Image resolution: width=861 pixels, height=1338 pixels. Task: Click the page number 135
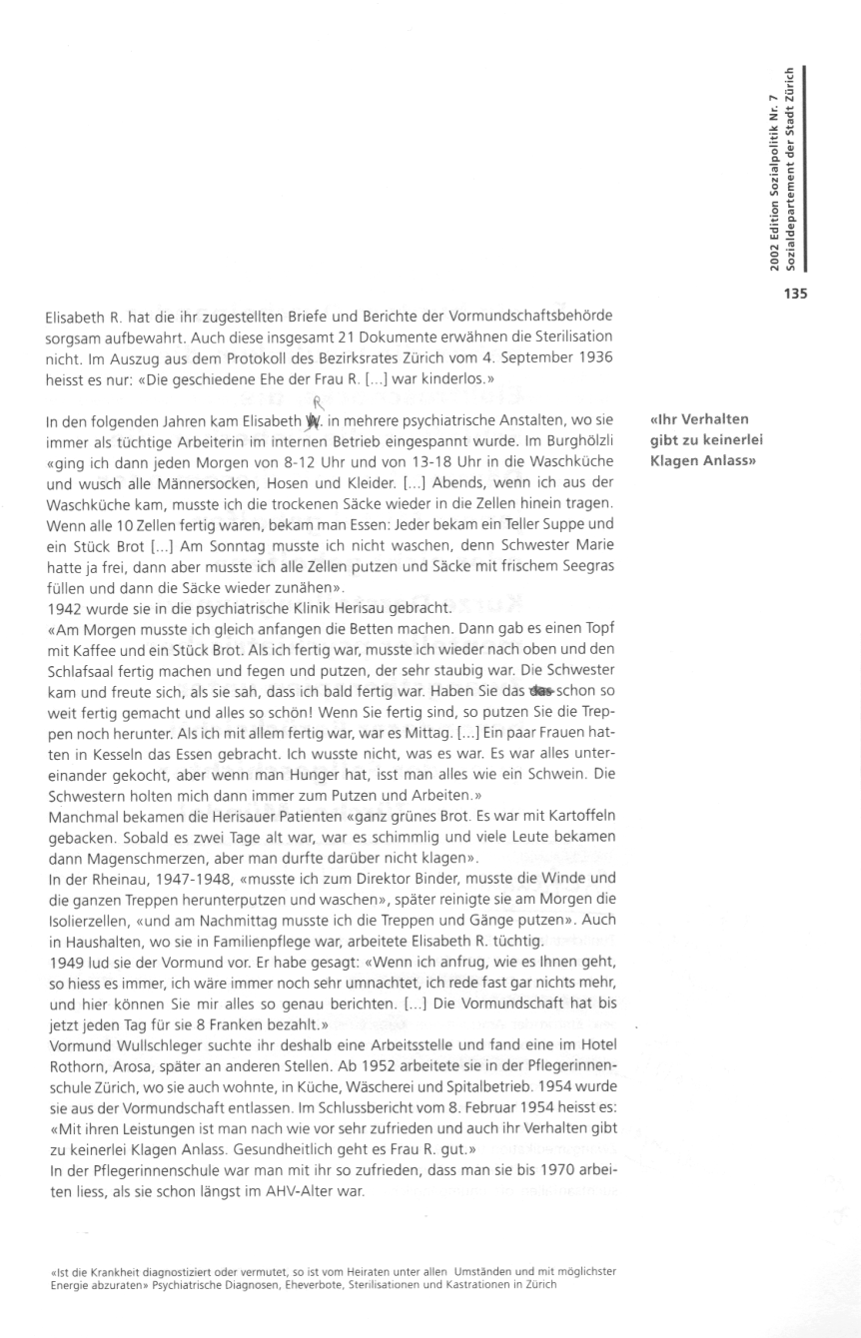coord(794,294)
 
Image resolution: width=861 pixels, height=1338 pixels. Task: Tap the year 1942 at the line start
coord(64,608)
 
